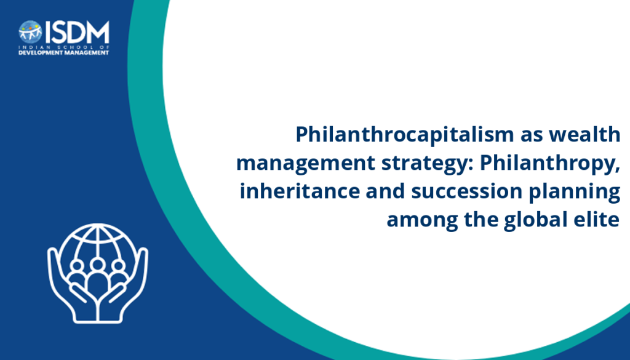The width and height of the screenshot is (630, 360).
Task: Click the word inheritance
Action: [300, 191]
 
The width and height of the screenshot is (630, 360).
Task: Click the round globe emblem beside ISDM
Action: [30, 32]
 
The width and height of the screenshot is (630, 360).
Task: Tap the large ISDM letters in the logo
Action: [77, 32]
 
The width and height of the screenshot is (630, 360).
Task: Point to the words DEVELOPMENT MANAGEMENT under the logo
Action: [64, 53]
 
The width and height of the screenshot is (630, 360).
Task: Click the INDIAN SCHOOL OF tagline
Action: [64, 47]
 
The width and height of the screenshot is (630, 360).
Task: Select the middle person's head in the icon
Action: [98, 265]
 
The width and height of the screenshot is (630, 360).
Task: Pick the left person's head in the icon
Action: [76, 266]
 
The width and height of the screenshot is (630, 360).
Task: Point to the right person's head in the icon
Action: [119, 266]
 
